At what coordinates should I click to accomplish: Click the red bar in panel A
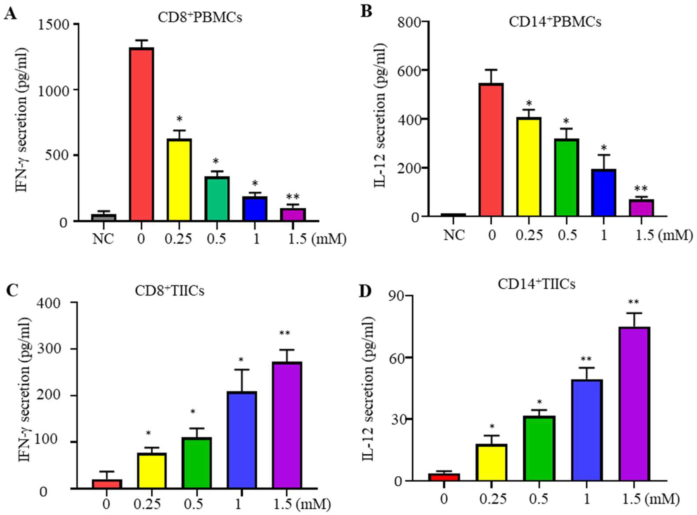pyautogui.click(x=141, y=134)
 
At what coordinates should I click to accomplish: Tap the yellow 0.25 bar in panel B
pyautogui.click(x=529, y=167)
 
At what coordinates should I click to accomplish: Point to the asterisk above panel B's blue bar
pyautogui.click(x=604, y=148)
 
